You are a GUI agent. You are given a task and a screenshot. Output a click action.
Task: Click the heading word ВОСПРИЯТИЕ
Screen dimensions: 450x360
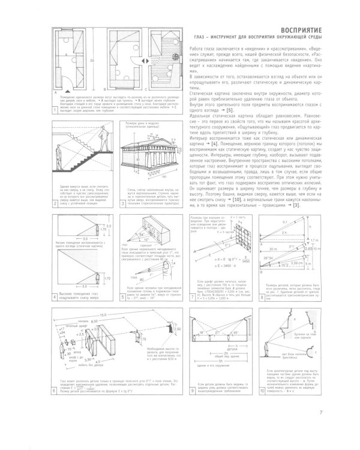pos(323,30)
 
